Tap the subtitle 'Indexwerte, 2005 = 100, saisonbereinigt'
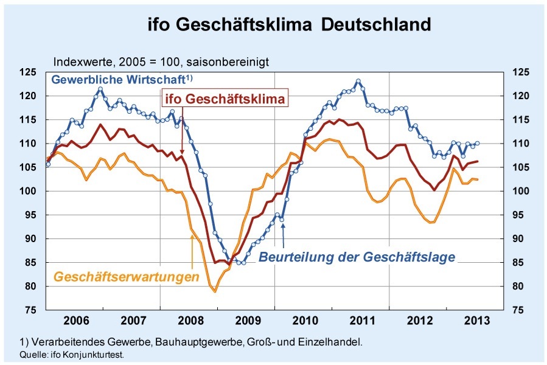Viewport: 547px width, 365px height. point(161,61)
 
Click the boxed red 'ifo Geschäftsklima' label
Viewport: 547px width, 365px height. point(225,99)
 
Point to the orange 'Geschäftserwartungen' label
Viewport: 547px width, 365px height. point(127,277)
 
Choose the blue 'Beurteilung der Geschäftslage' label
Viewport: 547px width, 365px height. point(357,257)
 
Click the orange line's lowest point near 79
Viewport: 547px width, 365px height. point(215,291)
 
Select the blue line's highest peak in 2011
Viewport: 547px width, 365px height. point(358,81)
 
